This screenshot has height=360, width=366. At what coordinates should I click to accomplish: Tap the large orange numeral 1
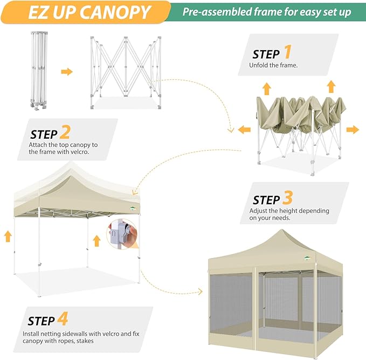point(287,52)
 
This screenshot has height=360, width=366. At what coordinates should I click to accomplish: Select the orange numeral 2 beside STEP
point(65,132)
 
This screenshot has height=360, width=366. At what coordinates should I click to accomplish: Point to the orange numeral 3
point(287,198)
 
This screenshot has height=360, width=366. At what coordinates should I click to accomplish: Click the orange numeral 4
point(63,319)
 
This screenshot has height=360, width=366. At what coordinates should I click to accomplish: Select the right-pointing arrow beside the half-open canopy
point(353,130)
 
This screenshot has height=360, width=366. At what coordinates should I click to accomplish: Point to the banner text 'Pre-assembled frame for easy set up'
point(266,12)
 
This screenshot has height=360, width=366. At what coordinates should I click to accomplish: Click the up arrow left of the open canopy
point(8,235)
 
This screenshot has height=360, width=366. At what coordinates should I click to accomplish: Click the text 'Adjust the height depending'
point(289,210)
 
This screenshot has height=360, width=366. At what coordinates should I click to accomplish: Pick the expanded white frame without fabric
point(126,70)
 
